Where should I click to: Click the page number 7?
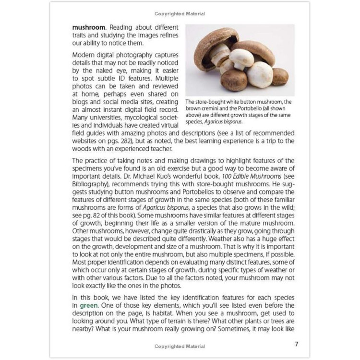pos(297,344)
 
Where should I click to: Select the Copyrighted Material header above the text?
pos(180,14)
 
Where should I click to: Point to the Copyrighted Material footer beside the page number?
pos(180,346)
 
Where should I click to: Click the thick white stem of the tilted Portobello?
pos(222,55)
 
